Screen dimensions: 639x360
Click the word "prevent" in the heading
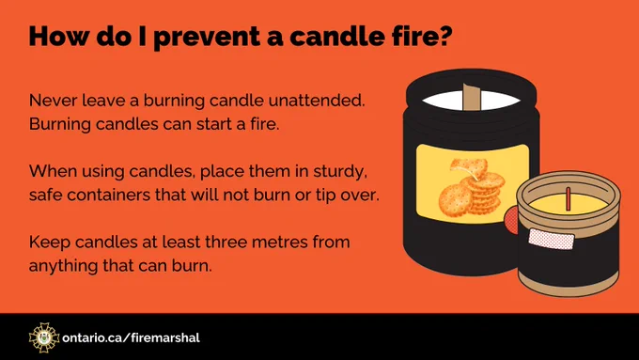tap(207, 37)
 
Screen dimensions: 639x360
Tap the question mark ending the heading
tap(444, 36)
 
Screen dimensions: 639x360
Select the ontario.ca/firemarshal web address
tap(132, 338)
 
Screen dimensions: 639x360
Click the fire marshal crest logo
tap(44, 337)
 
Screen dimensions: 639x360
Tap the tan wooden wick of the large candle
tap(472, 97)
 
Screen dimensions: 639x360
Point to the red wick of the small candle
tap(569, 199)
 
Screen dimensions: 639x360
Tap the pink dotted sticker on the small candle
tap(552, 239)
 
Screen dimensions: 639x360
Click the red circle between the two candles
tap(511, 220)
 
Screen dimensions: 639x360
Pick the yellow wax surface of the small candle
tap(569, 204)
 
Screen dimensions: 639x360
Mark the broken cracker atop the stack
tap(469, 167)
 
